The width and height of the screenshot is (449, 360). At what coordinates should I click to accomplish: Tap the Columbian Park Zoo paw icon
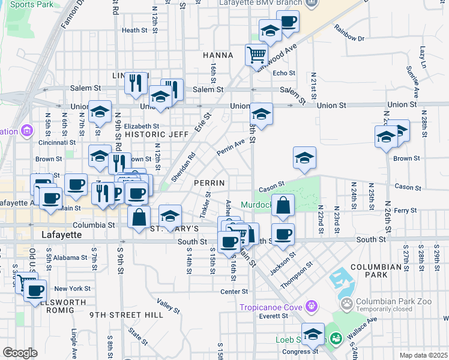pos(346,304)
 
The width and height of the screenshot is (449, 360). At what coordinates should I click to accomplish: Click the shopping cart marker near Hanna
pos(256,55)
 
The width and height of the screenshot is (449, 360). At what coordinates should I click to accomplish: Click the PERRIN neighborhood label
pos(209,182)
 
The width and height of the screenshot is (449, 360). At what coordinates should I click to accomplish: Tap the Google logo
pos(20,352)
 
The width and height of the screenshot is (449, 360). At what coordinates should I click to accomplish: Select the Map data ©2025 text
pos(423,355)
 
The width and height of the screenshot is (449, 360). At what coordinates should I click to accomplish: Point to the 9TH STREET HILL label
pos(126,314)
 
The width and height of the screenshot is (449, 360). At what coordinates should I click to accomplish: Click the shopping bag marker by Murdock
pos(283,205)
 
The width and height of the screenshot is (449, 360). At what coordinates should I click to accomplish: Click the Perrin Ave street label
pos(231,148)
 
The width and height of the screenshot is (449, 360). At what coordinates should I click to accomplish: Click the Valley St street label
pos(169,306)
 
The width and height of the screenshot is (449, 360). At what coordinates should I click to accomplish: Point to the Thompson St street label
pos(300,272)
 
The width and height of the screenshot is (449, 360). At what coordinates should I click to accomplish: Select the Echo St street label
pos(285,73)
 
